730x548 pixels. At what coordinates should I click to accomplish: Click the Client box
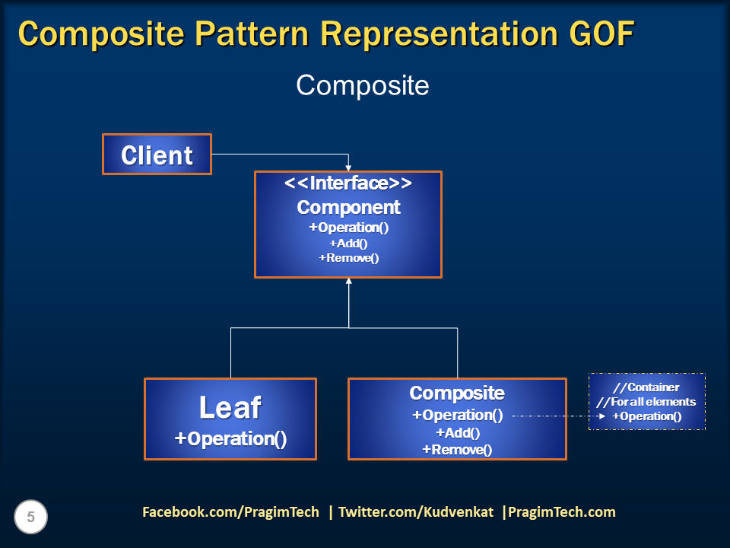[157, 155]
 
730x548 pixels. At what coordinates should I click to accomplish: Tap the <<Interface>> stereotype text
[348, 184]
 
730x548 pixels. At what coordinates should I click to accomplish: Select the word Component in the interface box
[348, 207]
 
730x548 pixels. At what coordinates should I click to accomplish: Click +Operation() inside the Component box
[348, 228]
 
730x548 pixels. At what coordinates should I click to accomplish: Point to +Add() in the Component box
[348, 243]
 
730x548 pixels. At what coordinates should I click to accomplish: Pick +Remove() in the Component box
[348, 258]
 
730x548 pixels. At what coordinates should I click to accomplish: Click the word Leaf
[230, 408]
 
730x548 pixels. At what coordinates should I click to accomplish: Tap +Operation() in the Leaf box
[230, 439]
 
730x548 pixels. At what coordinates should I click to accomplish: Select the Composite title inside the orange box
[457, 393]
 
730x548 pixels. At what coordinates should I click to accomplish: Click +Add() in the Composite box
[457, 433]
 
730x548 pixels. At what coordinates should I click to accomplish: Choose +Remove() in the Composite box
[457, 450]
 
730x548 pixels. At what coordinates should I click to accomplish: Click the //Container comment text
[646, 387]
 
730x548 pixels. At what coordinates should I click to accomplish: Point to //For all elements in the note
[646, 402]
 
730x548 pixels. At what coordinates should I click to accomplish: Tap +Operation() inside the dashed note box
[646, 416]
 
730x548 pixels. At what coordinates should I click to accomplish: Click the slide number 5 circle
[31, 518]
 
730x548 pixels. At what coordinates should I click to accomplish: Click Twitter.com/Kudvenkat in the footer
[416, 512]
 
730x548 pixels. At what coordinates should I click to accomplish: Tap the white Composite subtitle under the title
[362, 85]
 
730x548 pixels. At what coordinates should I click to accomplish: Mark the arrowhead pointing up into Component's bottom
[349, 282]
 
